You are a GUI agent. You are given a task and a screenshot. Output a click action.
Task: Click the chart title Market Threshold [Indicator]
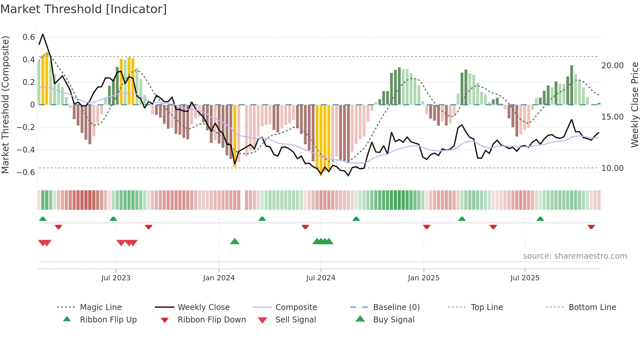pyautogui.click(x=84, y=9)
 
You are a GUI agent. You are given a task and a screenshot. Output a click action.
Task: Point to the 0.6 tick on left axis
pyautogui.click(x=29, y=37)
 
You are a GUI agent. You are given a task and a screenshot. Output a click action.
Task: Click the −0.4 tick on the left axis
pyautogui.click(x=26, y=150)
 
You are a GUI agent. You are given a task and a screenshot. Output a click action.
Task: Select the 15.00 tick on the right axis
pyautogui.click(x=612, y=117)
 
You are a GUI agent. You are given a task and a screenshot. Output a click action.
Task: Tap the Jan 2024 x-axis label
pyautogui.click(x=219, y=278)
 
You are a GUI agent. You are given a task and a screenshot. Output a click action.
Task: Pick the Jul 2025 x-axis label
pyautogui.click(x=525, y=278)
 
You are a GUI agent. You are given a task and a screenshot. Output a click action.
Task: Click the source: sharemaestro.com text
pyautogui.click(x=575, y=256)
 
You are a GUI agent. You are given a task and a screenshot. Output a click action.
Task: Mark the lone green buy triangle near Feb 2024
pyautogui.click(x=235, y=241)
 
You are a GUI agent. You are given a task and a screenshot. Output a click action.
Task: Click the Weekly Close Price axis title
pyautogui.click(x=634, y=105)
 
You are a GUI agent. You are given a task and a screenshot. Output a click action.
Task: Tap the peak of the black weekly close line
pyautogui.click(x=43, y=34)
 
